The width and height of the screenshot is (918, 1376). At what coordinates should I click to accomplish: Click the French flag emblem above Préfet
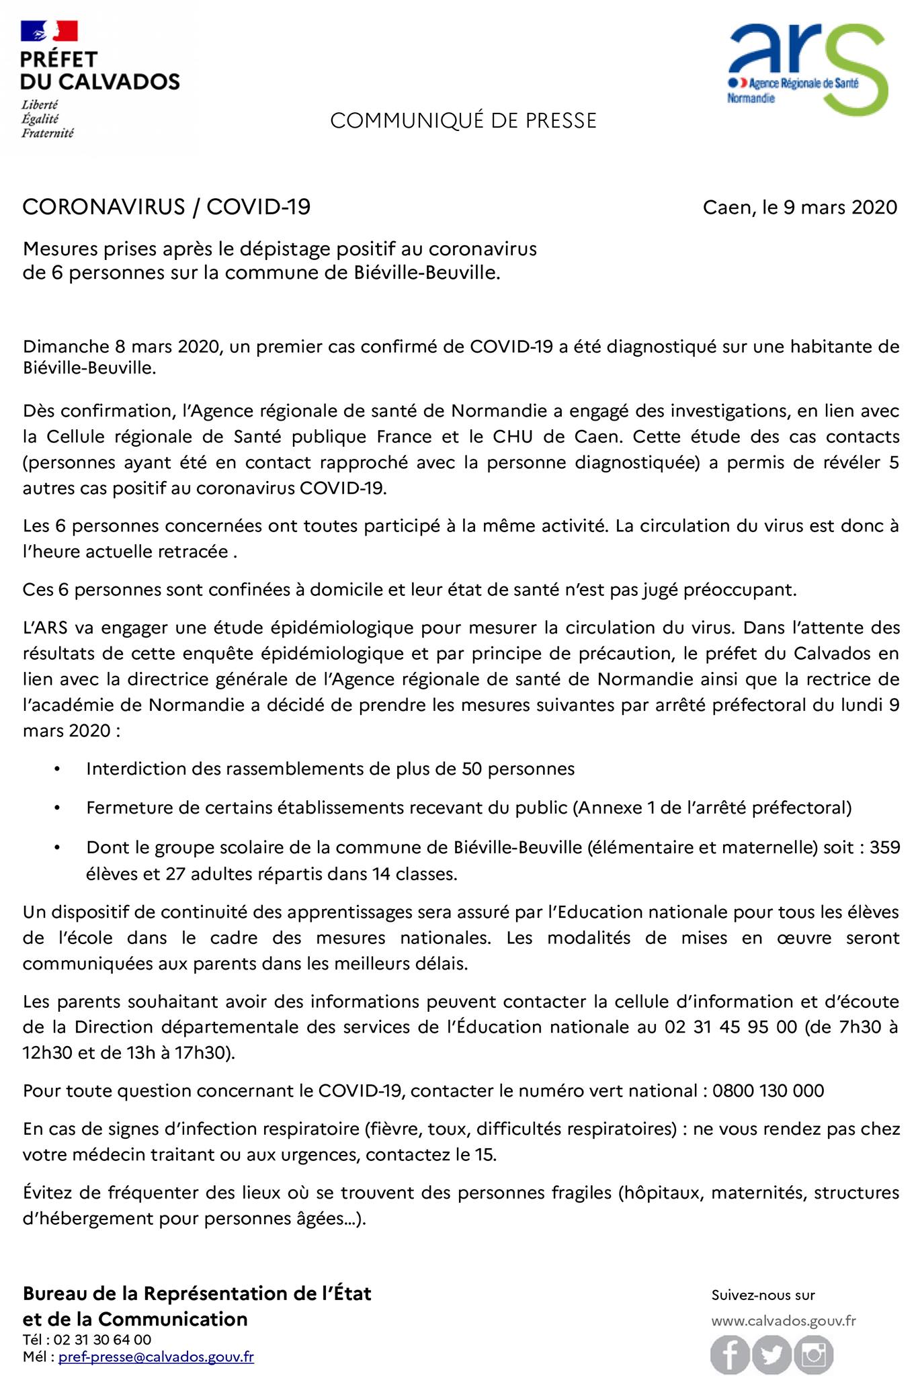coord(49,31)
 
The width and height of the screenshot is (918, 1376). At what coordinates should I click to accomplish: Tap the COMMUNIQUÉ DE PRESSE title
coord(463,121)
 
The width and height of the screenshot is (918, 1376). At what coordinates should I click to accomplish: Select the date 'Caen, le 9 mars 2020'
coord(800,207)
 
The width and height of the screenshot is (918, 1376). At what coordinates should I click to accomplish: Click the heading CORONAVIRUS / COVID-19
coord(167,207)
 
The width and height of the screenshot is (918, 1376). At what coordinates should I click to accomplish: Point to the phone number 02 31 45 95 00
coord(731,1027)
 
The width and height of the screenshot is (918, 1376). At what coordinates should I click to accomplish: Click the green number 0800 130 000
coord(768,1090)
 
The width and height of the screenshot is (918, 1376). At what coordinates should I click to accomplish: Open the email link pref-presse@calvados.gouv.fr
coord(156,1357)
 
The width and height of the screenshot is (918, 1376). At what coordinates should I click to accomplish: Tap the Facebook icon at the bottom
coord(731,1354)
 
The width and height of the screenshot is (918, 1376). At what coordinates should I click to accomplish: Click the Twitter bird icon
coord(771,1354)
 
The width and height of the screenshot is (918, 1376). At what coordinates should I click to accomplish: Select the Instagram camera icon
coord(813,1354)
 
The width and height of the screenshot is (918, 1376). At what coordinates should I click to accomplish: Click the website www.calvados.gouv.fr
coord(784,1321)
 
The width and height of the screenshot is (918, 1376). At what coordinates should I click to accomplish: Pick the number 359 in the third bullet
coord(884,847)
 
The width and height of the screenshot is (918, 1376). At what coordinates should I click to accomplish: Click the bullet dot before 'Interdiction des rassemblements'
coord(58,769)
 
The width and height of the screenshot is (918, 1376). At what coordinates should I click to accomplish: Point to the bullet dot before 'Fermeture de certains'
coord(58,808)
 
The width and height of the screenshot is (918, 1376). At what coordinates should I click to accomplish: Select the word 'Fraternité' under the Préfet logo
coord(48,133)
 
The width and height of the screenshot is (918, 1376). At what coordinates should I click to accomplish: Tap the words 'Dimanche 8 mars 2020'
coord(122,347)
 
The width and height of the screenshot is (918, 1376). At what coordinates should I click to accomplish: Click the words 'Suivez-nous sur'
coord(763,1295)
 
